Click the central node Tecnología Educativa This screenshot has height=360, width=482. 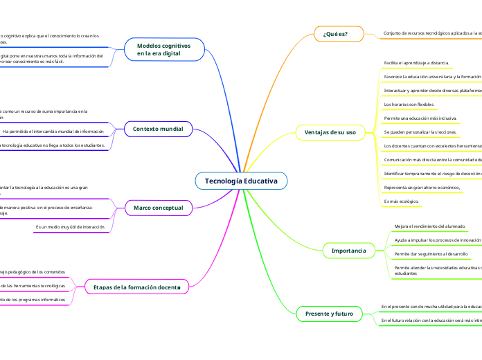(x=241, y=181)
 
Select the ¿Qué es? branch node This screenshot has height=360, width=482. (x=335, y=33)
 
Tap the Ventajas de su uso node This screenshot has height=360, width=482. (x=330, y=132)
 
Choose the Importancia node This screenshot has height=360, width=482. (x=349, y=249)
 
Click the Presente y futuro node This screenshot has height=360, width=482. (x=329, y=314)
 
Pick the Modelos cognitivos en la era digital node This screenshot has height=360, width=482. (x=168, y=48)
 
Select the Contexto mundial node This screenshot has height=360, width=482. (x=158, y=129)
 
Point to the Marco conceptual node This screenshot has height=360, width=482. (x=158, y=207)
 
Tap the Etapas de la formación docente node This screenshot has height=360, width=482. (x=136, y=287)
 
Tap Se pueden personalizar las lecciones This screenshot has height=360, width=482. (x=420, y=132)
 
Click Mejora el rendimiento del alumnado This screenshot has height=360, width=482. (x=429, y=226)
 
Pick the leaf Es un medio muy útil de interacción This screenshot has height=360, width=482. (x=70, y=226)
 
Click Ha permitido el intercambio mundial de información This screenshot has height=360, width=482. (x=53, y=131)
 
